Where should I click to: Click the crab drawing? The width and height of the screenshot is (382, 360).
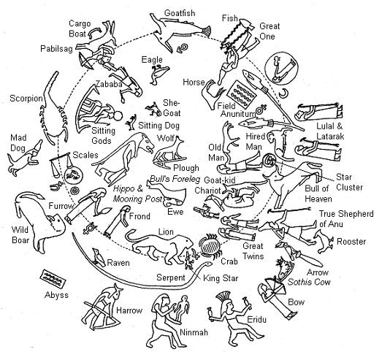pyautogui.click(x=210, y=247)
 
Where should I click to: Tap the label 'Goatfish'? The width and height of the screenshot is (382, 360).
pyautogui.click(x=180, y=13)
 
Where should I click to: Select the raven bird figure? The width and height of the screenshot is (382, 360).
pyautogui.click(x=98, y=258)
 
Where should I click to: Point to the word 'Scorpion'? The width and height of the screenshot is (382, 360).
pyautogui.click(x=26, y=99)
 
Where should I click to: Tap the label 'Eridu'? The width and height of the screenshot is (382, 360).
pyautogui.click(x=256, y=320)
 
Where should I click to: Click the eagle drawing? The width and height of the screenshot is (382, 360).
pyautogui.click(x=158, y=74)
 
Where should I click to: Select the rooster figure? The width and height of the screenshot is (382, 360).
pyautogui.click(x=324, y=241)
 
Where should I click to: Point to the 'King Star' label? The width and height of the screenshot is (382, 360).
pyautogui.click(x=221, y=278)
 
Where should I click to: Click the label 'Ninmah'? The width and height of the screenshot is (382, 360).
pyautogui.click(x=194, y=332)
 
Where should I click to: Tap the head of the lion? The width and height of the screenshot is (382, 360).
pyautogui.click(x=186, y=242)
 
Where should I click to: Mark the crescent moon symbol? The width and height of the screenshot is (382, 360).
pyautogui.click(x=283, y=93)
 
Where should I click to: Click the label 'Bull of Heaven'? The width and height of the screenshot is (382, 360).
pyautogui.click(x=318, y=194)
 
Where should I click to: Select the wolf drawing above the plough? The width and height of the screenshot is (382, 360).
pyautogui.click(x=170, y=149)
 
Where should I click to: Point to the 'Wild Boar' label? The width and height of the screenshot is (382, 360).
pyautogui.click(x=20, y=235)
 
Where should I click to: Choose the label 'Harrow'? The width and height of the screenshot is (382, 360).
pyautogui.click(x=129, y=310)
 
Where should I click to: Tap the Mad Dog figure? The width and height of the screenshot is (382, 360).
pyautogui.click(x=24, y=158)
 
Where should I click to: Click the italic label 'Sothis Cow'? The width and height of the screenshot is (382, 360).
pyautogui.click(x=309, y=282)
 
